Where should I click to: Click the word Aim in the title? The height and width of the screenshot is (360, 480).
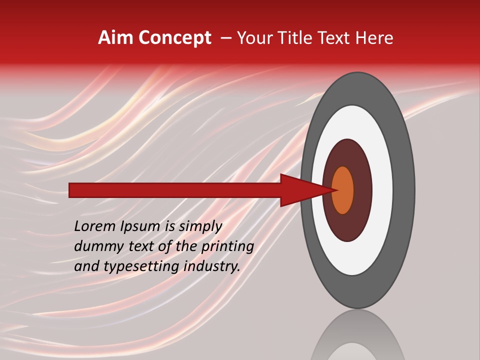click(x=116, y=38)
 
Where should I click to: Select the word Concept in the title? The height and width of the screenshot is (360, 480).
click(x=174, y=38)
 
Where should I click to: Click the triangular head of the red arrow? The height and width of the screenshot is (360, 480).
click(x=305, y=190)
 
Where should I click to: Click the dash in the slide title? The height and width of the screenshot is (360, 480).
click(x=225, y=38)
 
